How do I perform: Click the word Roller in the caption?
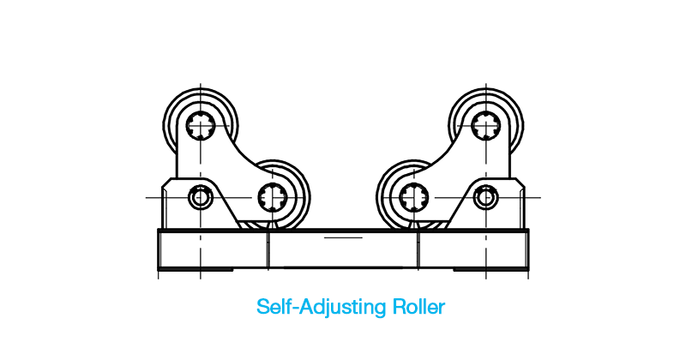[x=418, y=307]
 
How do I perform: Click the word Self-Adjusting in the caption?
[x=321, y=307]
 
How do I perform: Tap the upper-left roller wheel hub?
[x=201, y=125]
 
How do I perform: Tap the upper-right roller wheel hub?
[x=485, y=125]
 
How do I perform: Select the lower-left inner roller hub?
[x=272, y=197]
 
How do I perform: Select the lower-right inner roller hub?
[x=414, y=197]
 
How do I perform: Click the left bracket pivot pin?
[x=201, y=197]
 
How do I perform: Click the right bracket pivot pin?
[x=485, y=197]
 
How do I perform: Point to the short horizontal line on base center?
[x=343, y=237]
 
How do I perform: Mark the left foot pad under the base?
[x=196, y=269]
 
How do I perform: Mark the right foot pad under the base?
[x=490, y=269]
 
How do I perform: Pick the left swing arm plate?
[x=219, y=166]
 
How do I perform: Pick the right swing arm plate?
[x=467, y=166]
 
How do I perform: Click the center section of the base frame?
[x=343, y=249]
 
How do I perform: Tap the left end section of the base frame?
[x=213, y=249]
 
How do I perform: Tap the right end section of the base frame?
[x=474, y=249]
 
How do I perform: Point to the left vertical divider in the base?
[x=268, y=249]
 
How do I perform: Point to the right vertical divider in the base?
[x=418, y=249]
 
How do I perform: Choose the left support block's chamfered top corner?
[x=166, y=183]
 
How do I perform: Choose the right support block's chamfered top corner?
[x=521, y=183]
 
